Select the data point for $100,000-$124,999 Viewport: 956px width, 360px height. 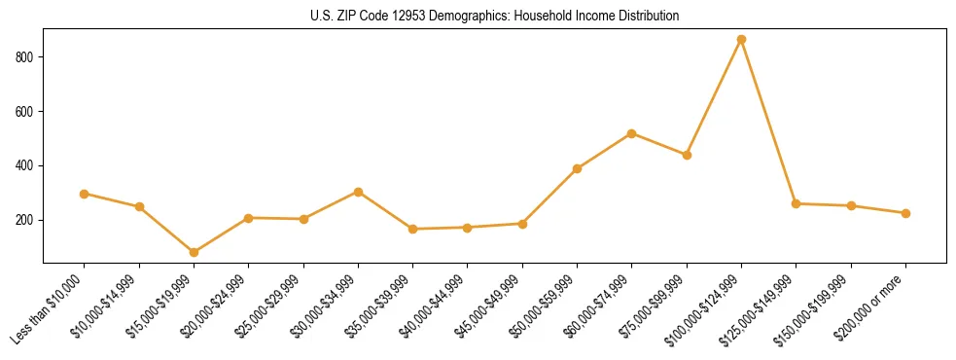pos(741,40)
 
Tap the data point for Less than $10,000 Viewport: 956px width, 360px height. pos(85,194)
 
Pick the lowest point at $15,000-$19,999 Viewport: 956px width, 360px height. pos(194,252)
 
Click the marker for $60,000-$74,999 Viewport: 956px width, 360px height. pos(632,133)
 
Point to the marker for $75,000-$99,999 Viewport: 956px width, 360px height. pos(687,155)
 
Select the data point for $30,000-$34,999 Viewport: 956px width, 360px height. pos(358,192)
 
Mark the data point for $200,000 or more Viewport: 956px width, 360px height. pos(905,213)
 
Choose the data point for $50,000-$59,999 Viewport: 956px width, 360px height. pos(577,168)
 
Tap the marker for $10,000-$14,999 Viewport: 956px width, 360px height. pos(139,206)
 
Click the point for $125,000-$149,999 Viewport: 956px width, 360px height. pos(796,203)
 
